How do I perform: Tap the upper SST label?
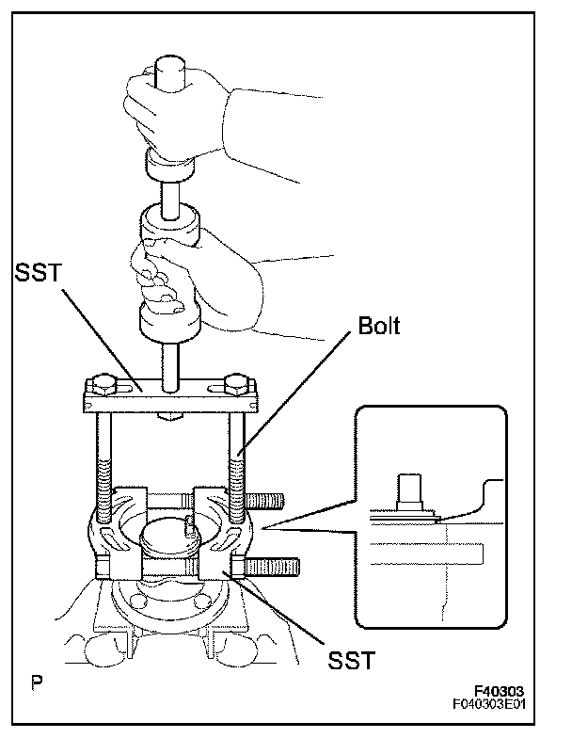(38, 273)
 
